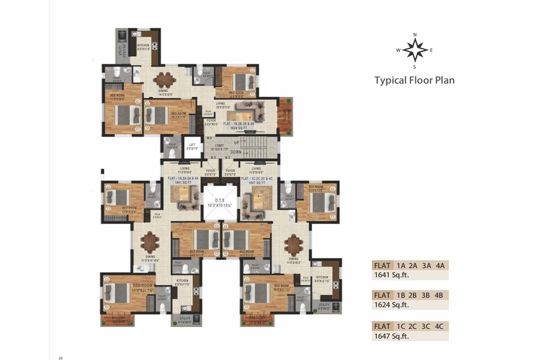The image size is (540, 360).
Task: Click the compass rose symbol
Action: pos(415,50)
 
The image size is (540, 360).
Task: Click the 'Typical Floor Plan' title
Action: pos(414,81)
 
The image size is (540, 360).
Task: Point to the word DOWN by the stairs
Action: pos(236,152)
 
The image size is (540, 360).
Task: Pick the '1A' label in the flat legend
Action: pos(401,265)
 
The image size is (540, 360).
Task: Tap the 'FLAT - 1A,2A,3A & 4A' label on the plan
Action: pos(183,179)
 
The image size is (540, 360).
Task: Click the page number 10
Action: pos(60,358)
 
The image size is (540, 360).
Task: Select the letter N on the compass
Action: pos(415,35)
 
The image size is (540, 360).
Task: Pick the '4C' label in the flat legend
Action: pos(440,326)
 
